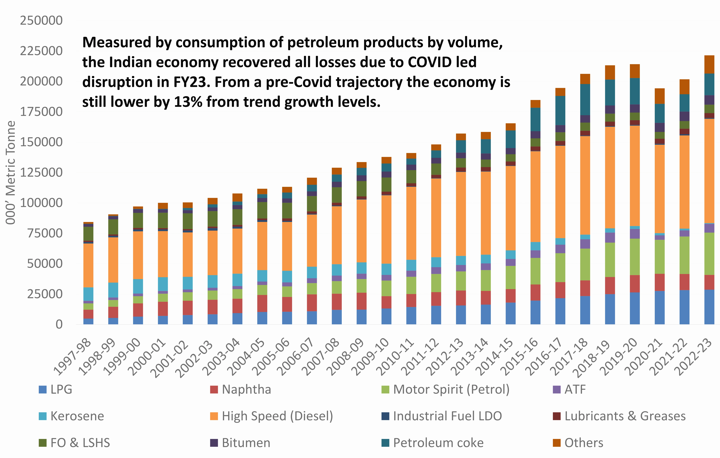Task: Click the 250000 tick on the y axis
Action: tap(41, 21)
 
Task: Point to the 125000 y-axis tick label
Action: tap(41, 172)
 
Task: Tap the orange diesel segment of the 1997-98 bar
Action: tap(88, 265)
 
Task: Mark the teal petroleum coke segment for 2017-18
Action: tap(585, 100)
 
